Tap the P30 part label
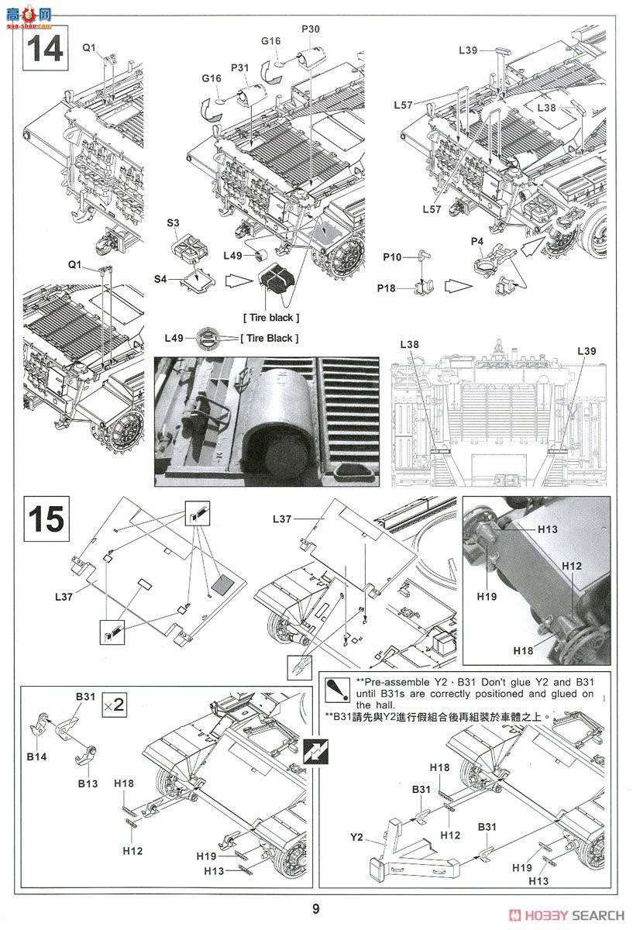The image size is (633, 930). (310, 29)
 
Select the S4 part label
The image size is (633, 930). (160, 278)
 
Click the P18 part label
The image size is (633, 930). (387, 288)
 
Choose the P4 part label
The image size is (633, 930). (477, 241)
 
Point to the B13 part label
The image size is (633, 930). (87, 784)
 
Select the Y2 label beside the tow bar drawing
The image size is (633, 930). (356, 837)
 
